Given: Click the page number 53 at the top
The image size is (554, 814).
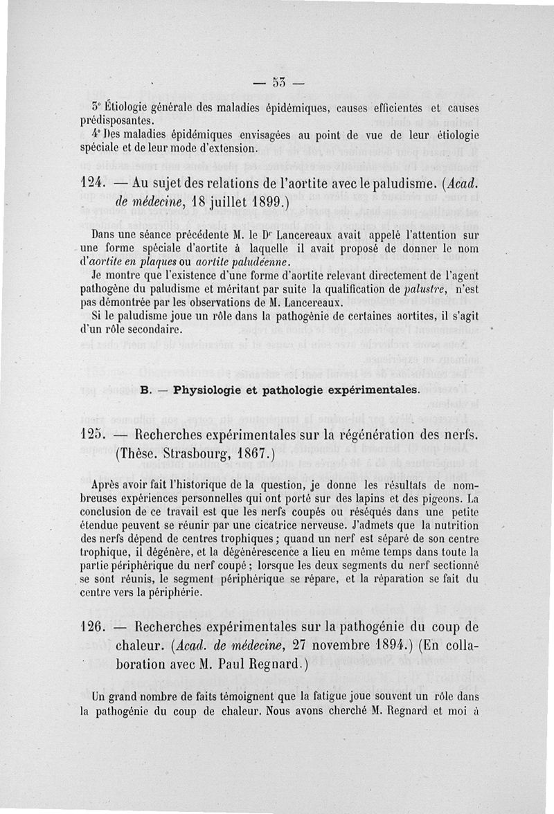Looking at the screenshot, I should pyautogui.click(x=279, y=85).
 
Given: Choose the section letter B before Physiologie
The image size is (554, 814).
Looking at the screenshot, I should pyautogui.click(x=144, y=389).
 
